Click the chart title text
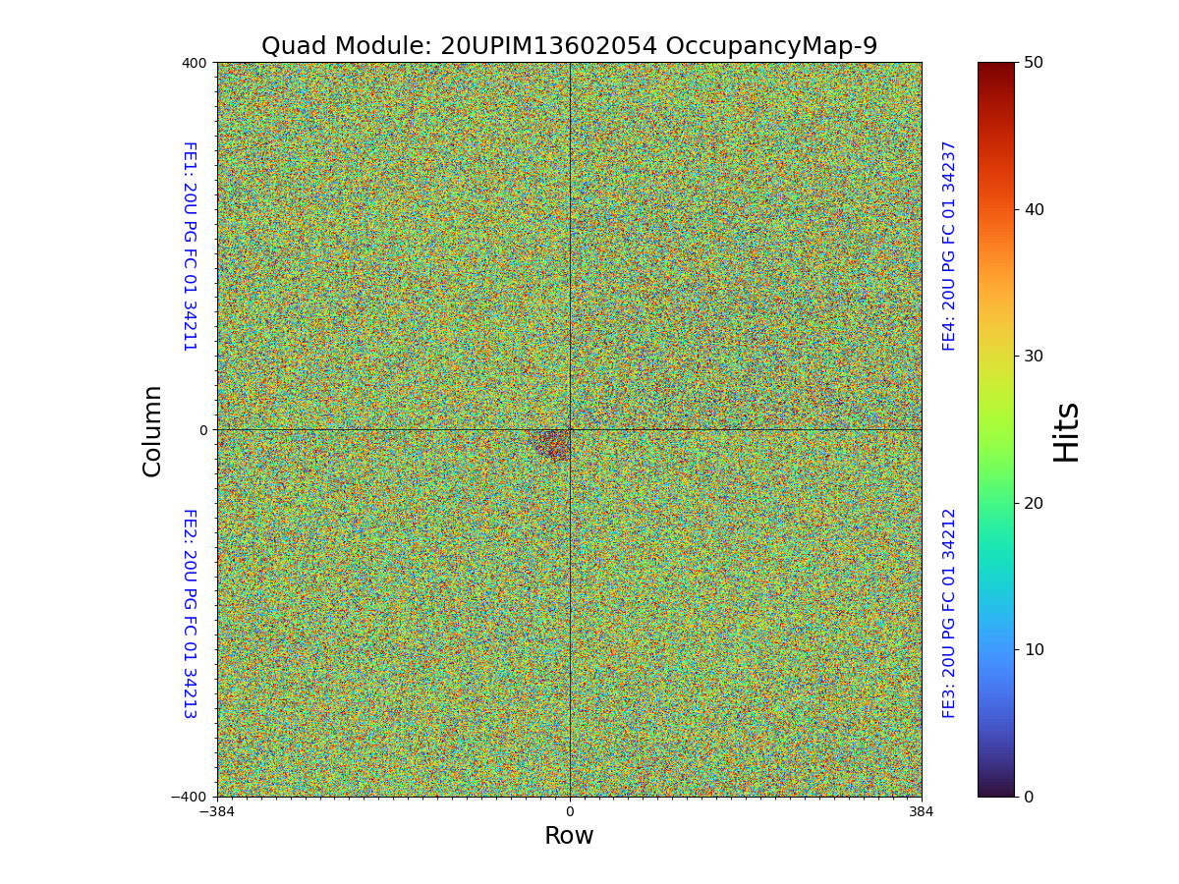click(x=569, y=46)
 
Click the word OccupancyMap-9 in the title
click(x=771, y=46)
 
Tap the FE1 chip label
click(x=189, y=246)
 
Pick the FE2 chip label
click(x=189, y=613)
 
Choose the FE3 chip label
click(x=949, y=613)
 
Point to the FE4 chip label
click(x=949, y=246)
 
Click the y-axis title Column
click(x=152, y=430)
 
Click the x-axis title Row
click(x=569, y=836)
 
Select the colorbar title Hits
click(x=1066, y=431)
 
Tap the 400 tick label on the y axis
click(x=194, y=63)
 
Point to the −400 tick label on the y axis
click(x=190, y=797)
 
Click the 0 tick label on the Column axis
click(x=203, y=430)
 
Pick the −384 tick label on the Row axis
click(x=217, y=812)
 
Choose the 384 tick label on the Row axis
click(x=922, y=812)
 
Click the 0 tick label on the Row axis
click(x=569, y=812)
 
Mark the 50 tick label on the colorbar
click(x=1033, y=62)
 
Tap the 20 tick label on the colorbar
click(x=1033, y=503)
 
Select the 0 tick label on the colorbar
click(x=1029, y=797)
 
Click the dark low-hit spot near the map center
click(x=553, y=444)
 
